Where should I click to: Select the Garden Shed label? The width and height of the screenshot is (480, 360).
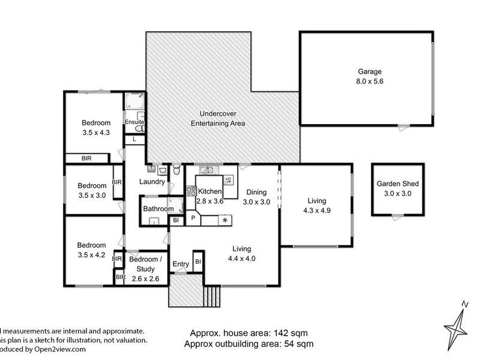[397, 184]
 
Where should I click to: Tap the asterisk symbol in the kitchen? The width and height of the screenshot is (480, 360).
[225, 221]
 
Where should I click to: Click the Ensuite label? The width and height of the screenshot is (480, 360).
[133, 122]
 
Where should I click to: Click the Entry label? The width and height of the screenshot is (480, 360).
[181, 264]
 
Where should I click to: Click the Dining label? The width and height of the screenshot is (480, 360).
[257, 192]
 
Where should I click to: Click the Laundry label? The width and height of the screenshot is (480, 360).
[151, 182]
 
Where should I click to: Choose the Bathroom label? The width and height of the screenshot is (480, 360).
[158, 209]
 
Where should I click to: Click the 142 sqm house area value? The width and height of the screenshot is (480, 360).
[292, 333]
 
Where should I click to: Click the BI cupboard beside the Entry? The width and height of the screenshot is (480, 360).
[197, 262]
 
